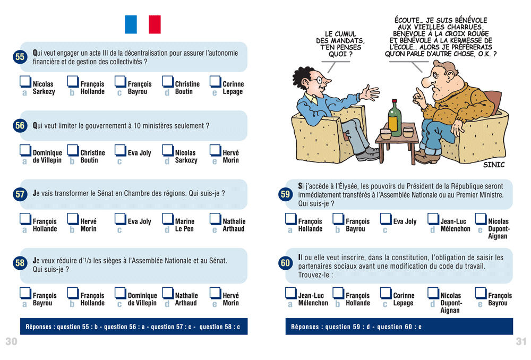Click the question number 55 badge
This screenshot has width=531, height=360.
20,57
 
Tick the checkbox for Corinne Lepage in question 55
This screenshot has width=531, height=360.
215,82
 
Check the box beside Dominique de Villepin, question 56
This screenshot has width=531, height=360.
25,150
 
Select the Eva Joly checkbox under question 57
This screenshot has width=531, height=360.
120,219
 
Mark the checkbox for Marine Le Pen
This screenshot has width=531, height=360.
168,219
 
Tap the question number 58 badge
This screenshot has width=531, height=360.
20,263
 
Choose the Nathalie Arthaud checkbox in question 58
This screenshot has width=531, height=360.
168,293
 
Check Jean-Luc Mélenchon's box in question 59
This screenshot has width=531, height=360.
433,219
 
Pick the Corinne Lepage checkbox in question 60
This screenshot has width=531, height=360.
386,293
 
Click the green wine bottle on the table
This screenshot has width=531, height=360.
394,118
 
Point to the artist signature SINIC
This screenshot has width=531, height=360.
494,165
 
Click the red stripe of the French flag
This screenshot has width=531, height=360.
155,24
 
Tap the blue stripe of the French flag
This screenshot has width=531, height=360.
131,24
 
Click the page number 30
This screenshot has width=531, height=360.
11,341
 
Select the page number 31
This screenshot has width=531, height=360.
521,341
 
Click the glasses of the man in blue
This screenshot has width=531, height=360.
316,80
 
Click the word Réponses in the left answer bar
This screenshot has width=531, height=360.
38,327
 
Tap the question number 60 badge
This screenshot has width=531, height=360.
286,263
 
